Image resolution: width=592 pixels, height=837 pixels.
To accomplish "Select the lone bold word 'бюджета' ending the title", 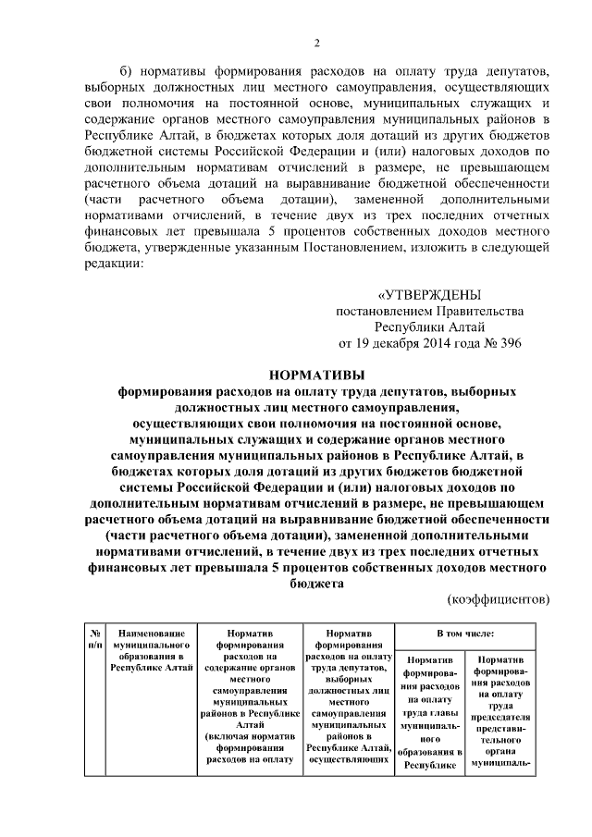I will (x=316, y=584).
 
